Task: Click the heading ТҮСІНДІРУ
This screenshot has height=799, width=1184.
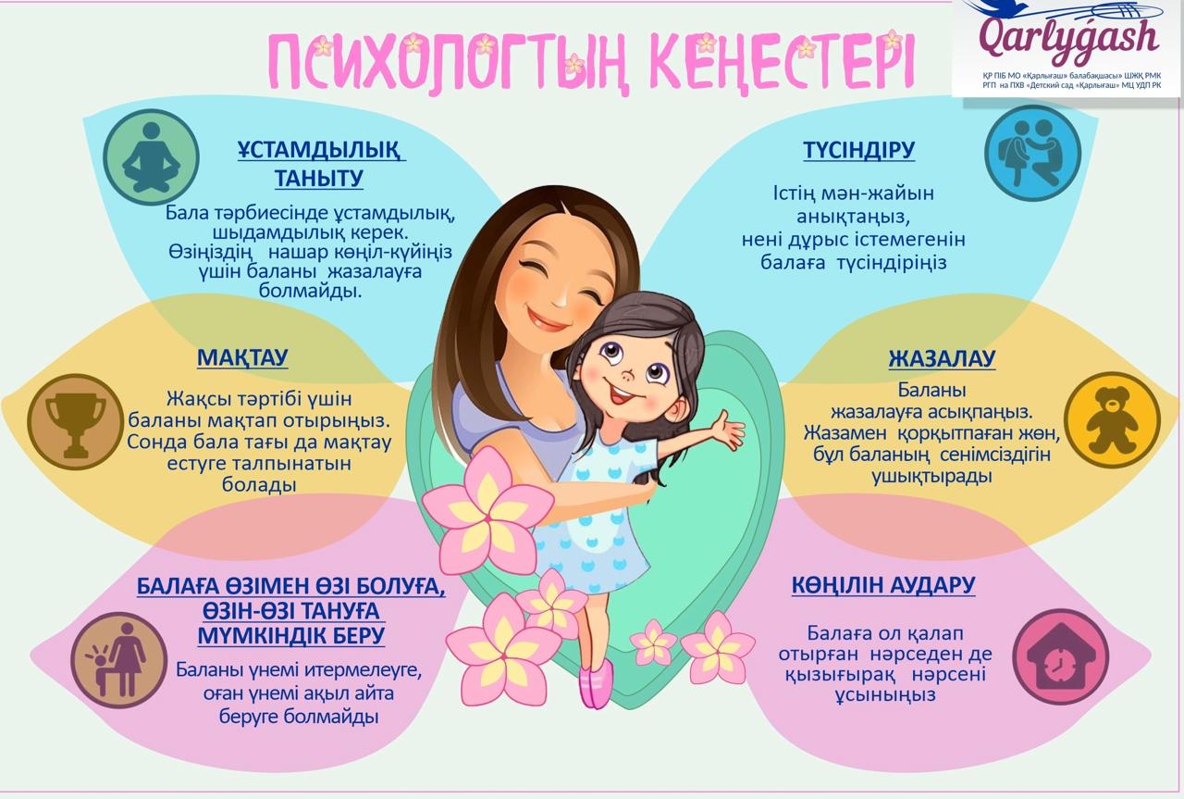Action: [x=858, y=150]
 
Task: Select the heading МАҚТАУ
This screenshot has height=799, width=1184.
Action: [x=242, y=357]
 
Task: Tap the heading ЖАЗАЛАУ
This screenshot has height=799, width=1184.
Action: [x=942, y=358]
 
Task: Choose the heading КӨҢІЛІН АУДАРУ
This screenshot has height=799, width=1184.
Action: [x=883, y=585]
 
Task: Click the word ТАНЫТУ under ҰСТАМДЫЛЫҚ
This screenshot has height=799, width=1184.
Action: [x=319, y=178]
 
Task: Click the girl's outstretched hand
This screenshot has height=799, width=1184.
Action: [x=727, y=430]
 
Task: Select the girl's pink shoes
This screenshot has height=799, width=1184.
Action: [x=596, y=686]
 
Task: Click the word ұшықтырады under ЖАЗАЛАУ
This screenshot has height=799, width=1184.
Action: [x=931, y=477]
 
